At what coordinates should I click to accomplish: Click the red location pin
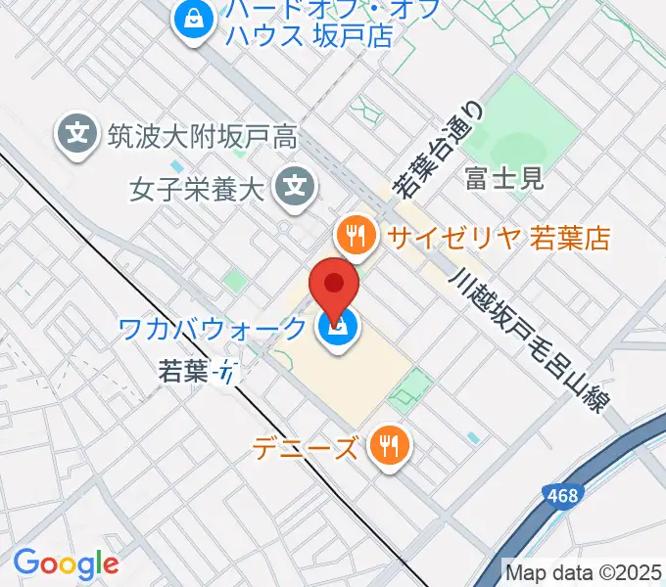tap(334, 286)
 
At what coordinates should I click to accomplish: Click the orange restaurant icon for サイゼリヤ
tap(355, 235)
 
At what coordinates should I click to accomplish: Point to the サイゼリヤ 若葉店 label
tap(498, 236)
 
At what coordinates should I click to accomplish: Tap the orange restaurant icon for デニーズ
tap(390, 447)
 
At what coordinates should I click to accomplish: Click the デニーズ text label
tap(305, 448)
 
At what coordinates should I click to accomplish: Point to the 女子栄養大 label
tap(198, 186)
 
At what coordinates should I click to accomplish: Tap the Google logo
tap(67, 563)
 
